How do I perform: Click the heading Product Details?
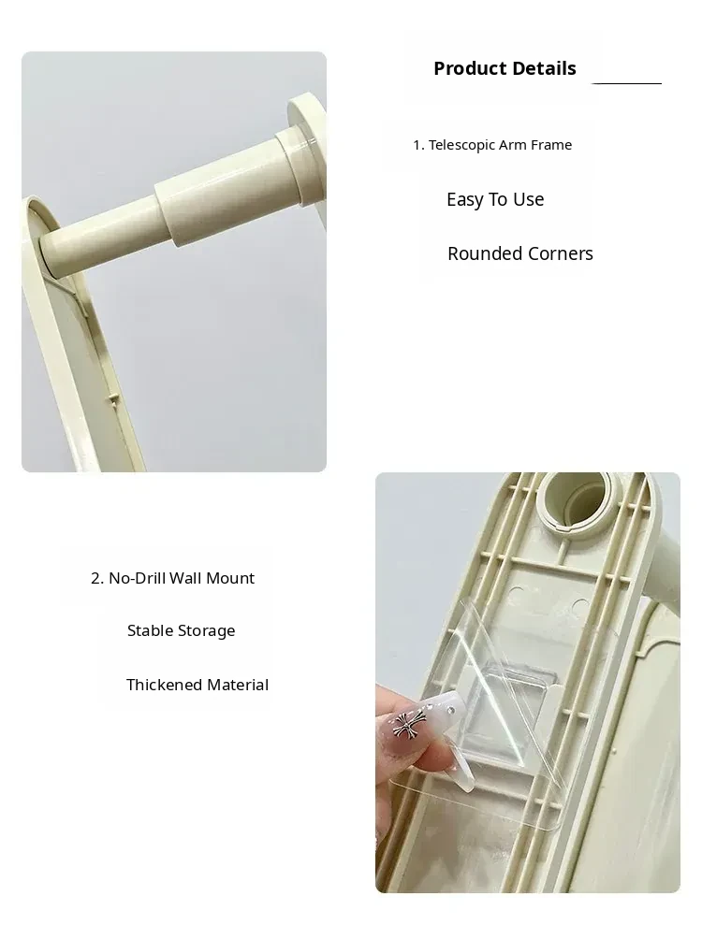(x=505, y=68)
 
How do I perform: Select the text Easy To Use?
(x=495, y=199)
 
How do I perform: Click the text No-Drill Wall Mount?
(x=182, y=578)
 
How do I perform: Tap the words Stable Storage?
(x=182, y=630)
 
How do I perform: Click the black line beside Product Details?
(x=626, y=84)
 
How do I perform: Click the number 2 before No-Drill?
(x=96, y=578)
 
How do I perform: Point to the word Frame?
(x=552, y=145)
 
